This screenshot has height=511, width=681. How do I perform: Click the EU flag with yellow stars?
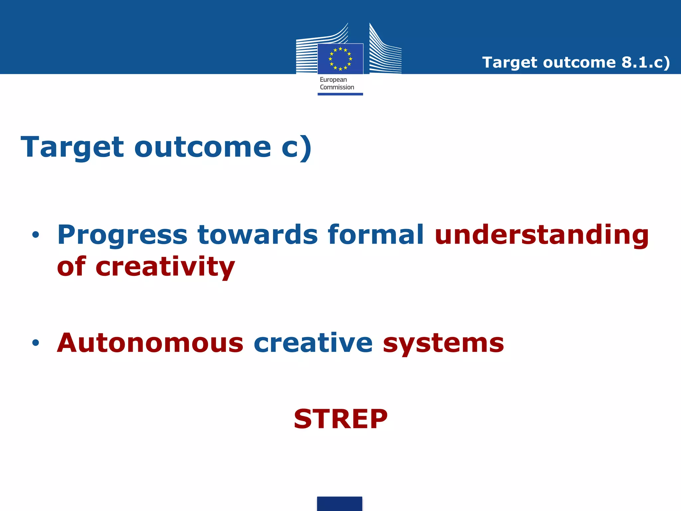[340, 59]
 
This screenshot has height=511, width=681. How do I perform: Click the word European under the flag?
[333, 80]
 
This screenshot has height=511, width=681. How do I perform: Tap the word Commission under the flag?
[337, 87]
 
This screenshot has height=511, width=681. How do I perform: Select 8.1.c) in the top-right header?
[645, 63]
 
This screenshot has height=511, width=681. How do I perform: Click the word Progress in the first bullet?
[122, 235]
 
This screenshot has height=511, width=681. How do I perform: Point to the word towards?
[258, 235]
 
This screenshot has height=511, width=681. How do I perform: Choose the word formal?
[376, 235]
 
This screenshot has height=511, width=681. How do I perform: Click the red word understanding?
[542, 235]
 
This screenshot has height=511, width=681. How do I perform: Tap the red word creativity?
[165, 267]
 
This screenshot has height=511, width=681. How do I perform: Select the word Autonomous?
[150, 343]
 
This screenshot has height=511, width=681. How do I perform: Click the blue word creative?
[313, 343]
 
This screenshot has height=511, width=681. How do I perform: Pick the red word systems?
[443, 343]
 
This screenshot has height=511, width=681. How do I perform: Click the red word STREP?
[340, 419]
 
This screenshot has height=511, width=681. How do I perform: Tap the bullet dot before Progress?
[36, 235]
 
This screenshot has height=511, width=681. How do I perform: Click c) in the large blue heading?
[296, 147]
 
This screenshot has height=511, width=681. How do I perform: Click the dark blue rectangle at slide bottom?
[340, 504]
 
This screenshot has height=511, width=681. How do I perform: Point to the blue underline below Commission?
[340, 94]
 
